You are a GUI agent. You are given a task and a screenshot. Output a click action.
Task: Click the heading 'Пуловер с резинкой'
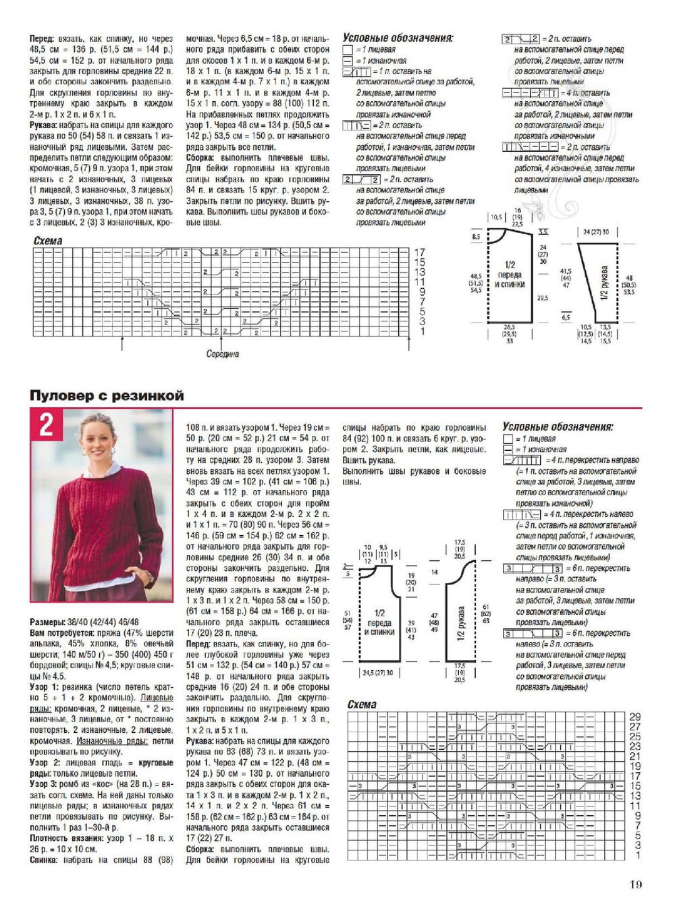pyautogui.click(x=107, y=396)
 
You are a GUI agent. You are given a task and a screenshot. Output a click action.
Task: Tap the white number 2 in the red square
pyautogui.click(x=46, y=426)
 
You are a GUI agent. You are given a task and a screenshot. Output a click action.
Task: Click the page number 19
pyautogui.click(x=635, y=884)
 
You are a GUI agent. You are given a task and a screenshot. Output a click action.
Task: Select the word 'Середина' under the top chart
pyautogui.click(x=223, y=354)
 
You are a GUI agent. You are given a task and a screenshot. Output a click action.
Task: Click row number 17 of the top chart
pyautogui.click(x=419, y=252)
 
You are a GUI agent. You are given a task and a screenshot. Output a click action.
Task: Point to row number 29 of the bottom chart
pyautogui.click(x=634, y=717)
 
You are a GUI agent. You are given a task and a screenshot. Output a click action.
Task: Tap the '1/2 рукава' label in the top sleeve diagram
pyautogui.click(x=605, y=284)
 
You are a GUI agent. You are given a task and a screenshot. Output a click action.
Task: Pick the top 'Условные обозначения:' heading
pyautogui.click(x=398, y=38)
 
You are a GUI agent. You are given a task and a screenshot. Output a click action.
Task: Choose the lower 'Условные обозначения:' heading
pyautogui.click(x=558, y=427)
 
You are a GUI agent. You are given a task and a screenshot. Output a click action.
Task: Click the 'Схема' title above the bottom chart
pyautogui.click(x=362, y=705)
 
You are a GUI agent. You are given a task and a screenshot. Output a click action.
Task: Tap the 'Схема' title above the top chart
pyautogui.click(x=48, y=241)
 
